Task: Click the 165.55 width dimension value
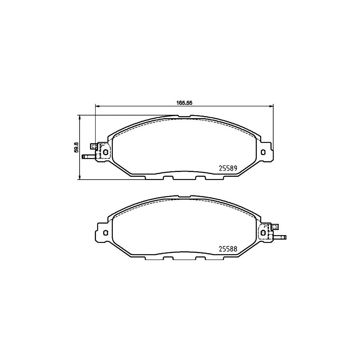184,103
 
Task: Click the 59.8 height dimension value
77,147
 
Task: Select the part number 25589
228,168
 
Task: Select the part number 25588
228,249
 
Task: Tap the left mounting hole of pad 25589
106,152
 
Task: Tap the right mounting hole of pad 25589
263,152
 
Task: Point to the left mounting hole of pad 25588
106,232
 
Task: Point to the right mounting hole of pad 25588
263,232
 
